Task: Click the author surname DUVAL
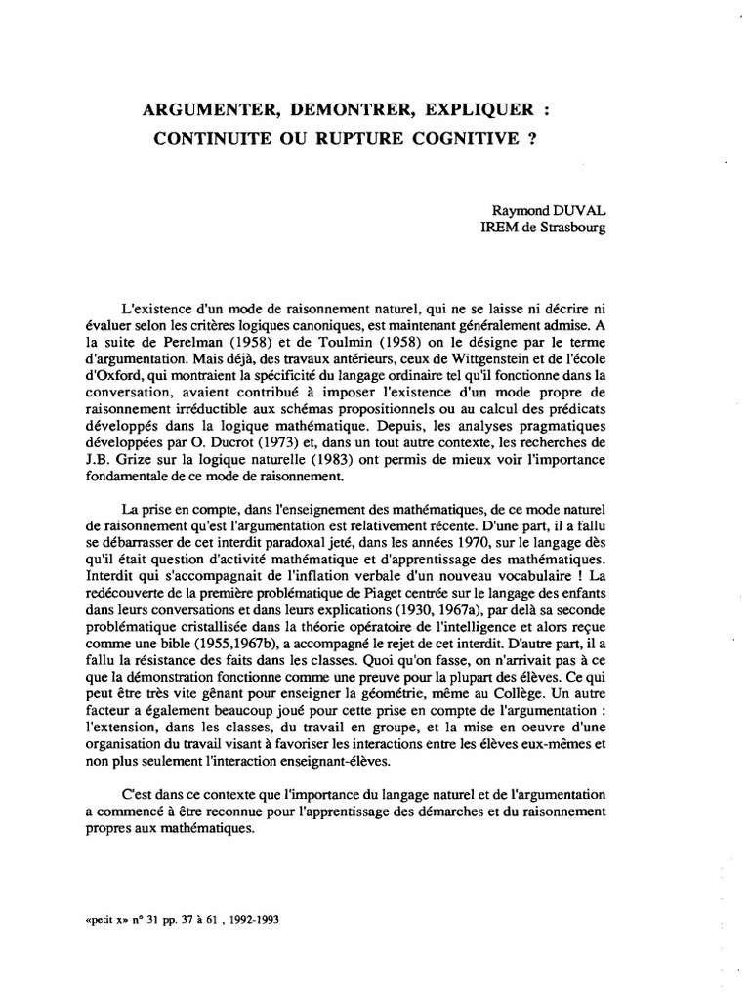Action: pos(578,210)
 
